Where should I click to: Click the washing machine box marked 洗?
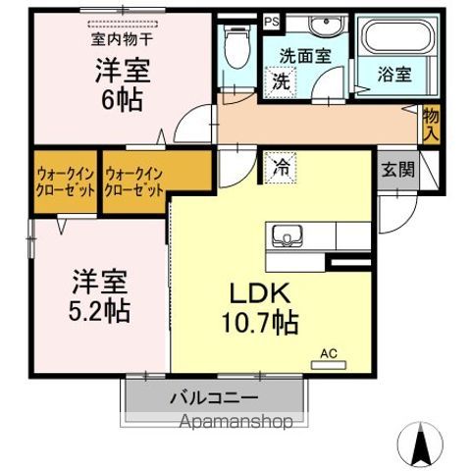(281, 81)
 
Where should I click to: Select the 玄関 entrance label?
(398, 168)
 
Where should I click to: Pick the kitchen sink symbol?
(287, 236)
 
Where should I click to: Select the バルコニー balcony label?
(214, 399)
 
